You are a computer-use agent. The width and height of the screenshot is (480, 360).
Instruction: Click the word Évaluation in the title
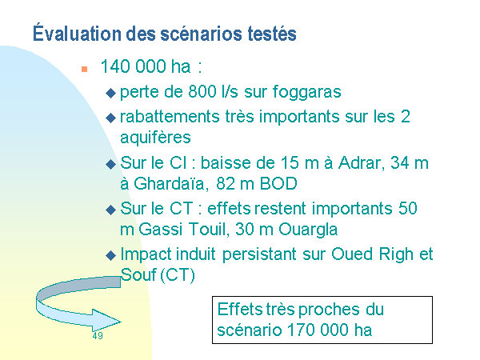(x=77, y=33)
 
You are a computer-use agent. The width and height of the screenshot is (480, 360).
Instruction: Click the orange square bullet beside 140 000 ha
(x=85, y=69)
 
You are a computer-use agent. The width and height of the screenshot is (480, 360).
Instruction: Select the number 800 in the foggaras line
(x=202, y=91)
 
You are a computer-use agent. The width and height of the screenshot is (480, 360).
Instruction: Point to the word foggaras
(x=306, y=93)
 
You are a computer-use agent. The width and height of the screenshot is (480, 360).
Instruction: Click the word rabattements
(x=170, y=117)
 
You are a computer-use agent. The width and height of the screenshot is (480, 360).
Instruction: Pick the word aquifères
(x=155, y=138)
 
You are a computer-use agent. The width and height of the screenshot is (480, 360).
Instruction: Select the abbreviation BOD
(x=278, y=184)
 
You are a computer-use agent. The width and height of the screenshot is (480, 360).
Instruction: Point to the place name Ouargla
(x=308, y=230)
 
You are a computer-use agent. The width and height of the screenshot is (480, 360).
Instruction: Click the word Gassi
(x=161, y=230)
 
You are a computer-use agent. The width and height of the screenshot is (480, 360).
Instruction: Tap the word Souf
(x=138, y=274)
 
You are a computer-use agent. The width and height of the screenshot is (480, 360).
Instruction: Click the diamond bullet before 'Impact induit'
(x=110, y=256)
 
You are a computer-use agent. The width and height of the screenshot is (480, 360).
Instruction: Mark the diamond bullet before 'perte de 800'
(x=110, y=93)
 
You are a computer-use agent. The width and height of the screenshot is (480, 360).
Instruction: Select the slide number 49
(x=98, y=336)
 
